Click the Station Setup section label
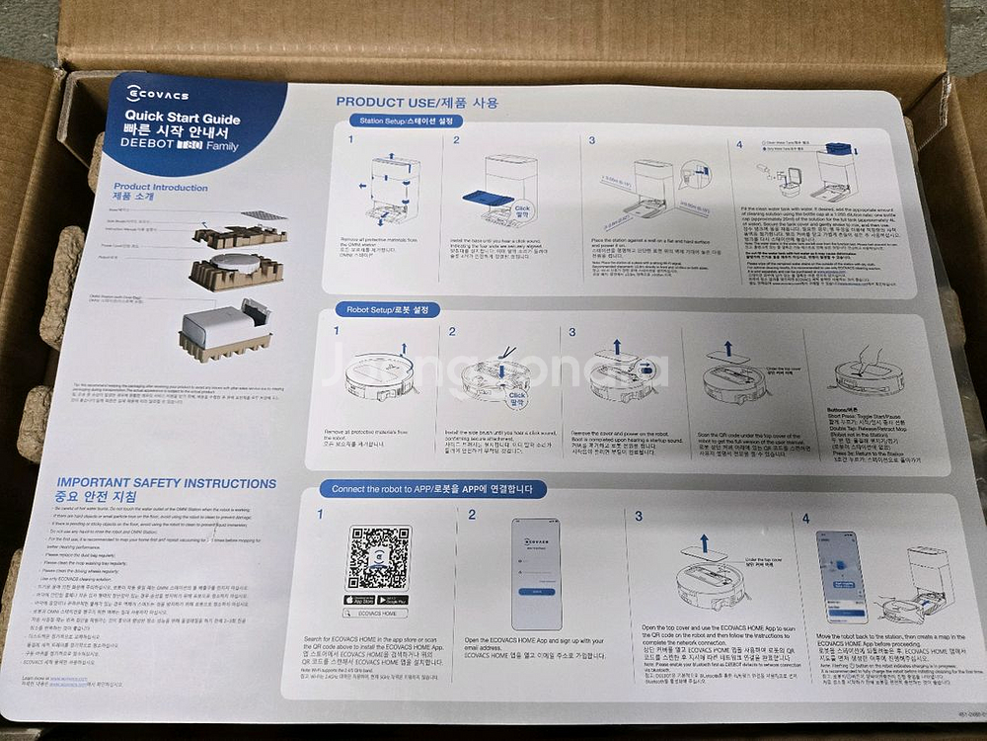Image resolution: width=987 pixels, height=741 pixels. [x=405, y=121]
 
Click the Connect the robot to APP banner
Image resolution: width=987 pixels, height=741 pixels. [x=432, y=489]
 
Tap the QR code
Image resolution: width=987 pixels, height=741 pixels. [x=377, y=557]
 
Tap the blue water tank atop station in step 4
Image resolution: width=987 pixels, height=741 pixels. [x=837, y=149]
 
